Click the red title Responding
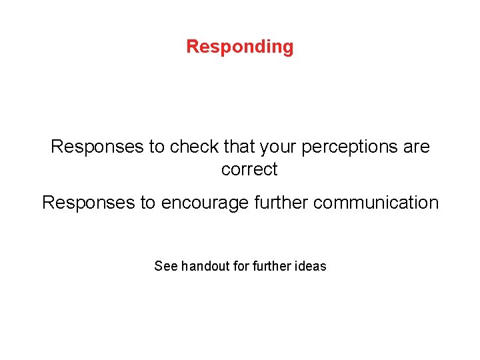[240, 47]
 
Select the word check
[193, 147]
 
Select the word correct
[249, 170]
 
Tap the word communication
[376, 203]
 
